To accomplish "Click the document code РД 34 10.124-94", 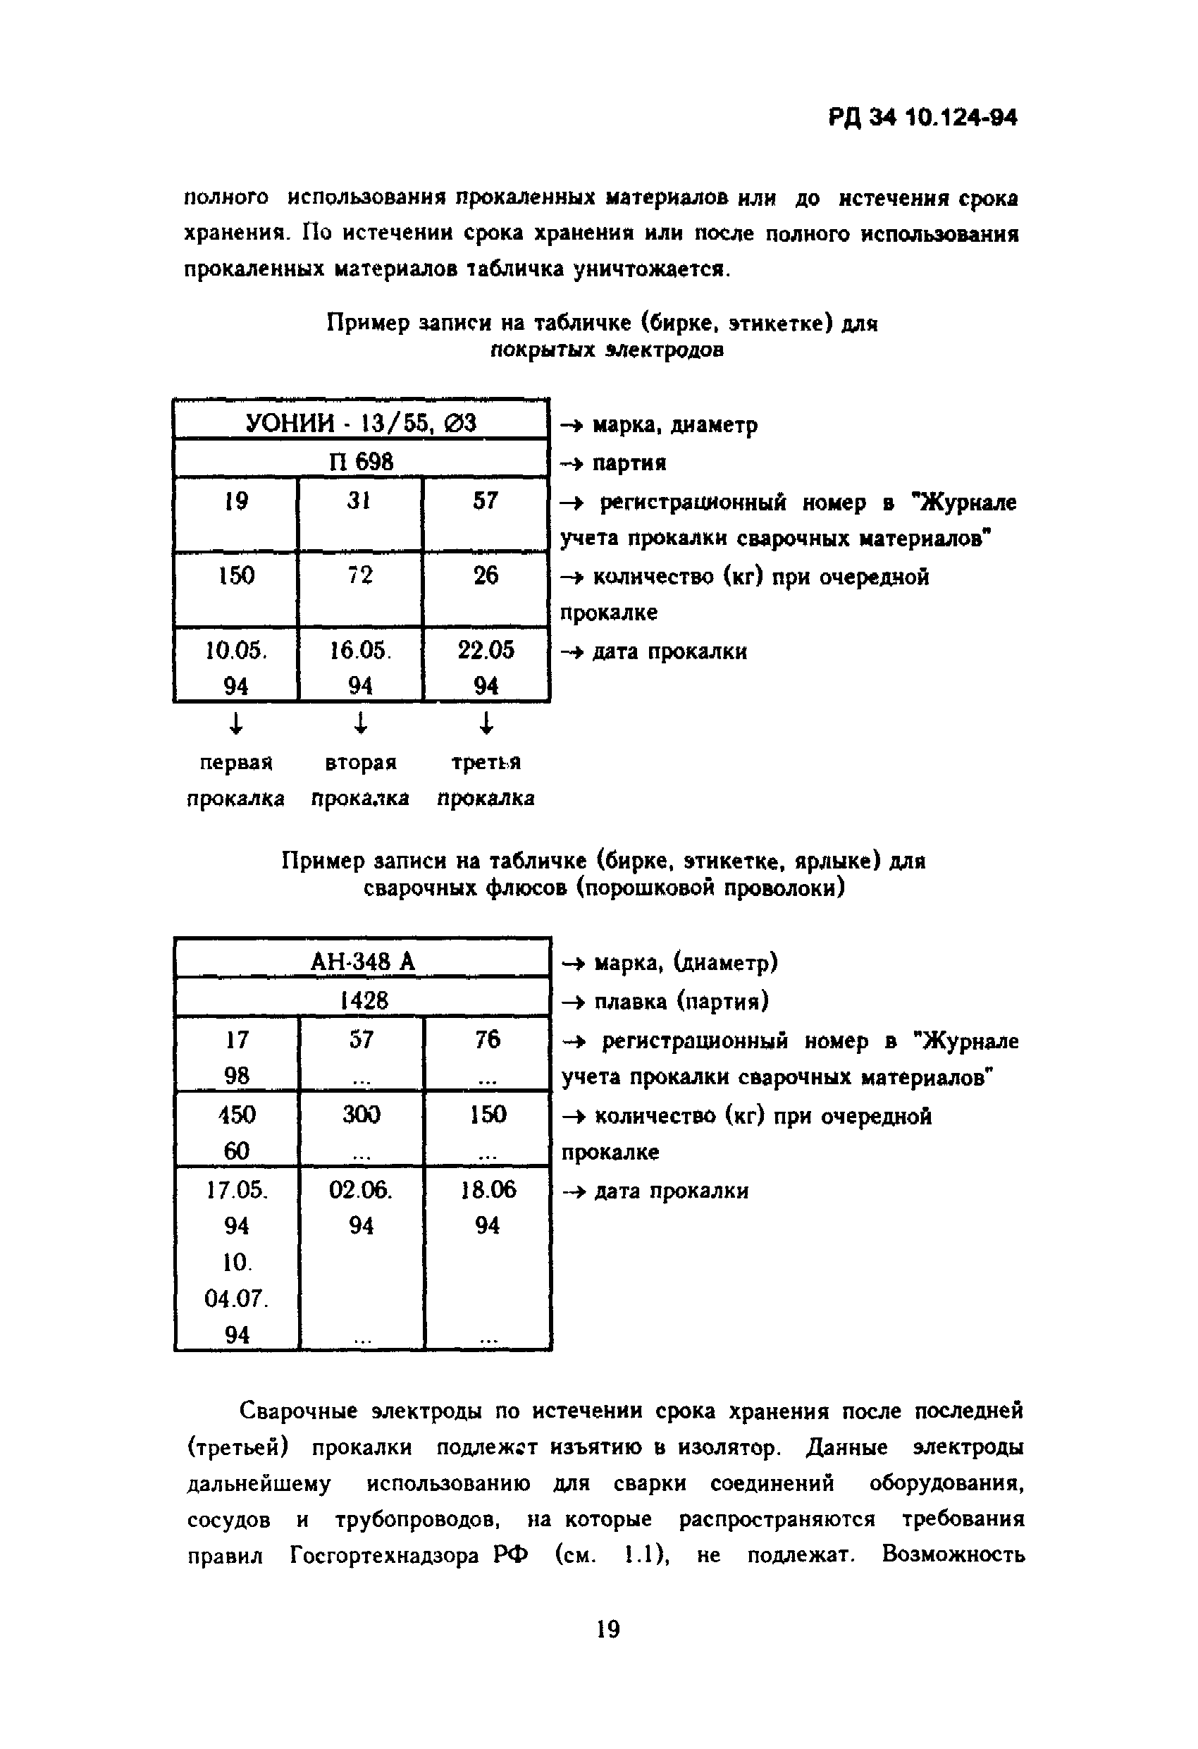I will [x=922, y=118].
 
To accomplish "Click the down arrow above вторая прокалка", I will [x=360, y=723].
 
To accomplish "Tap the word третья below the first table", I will [x=486, y=762].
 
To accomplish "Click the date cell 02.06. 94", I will [x=362, y=1207].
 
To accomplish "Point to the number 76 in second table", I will [x=487, y=1039].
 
